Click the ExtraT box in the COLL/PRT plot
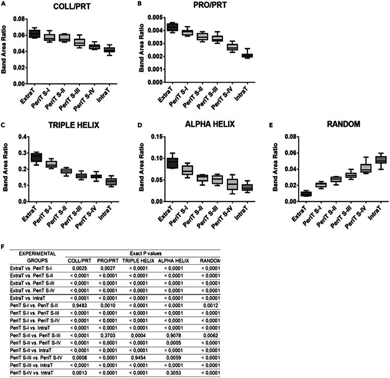point(34,34)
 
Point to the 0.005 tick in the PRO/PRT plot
point(148,17)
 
